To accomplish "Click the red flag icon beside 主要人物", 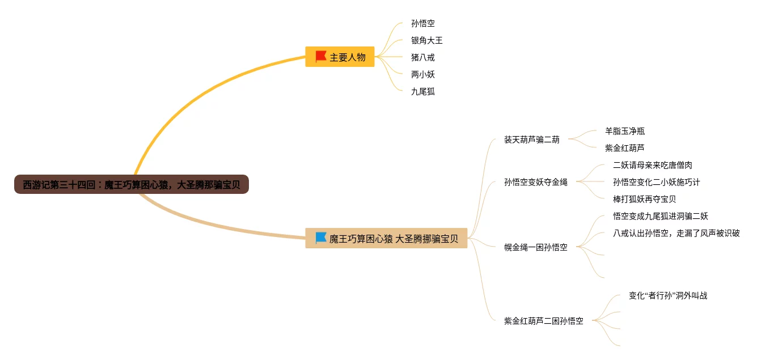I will [x=320, y=57].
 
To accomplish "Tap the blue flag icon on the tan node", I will [x=320, y=238].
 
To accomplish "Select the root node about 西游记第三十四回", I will [x=132, y=184].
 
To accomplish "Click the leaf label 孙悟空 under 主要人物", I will [x=423, y=24].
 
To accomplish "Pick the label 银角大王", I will [x=427, y=41].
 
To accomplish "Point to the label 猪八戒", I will [x=423, y=57].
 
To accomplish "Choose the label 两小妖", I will [x=423, y=74].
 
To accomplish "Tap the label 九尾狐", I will [x=423, y=91].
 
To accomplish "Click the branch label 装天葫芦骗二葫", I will [x=531, y=139].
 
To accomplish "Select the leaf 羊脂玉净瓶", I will [x=625, y=131].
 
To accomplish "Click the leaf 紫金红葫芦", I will [x=625, y=148].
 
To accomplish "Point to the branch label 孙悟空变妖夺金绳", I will [x=535, y=182].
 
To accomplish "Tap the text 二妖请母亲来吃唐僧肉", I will [x=653, y=165].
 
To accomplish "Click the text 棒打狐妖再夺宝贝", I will [x=645, y=199].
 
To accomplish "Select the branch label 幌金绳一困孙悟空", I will [x=535, y=247].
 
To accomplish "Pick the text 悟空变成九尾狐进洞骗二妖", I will [x=661, y=216].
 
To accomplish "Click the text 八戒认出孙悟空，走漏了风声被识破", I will [x=676, y=233].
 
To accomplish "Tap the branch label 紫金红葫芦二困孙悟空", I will [x=543, y=321].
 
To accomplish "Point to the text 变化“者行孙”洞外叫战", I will [x=668, y=295].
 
